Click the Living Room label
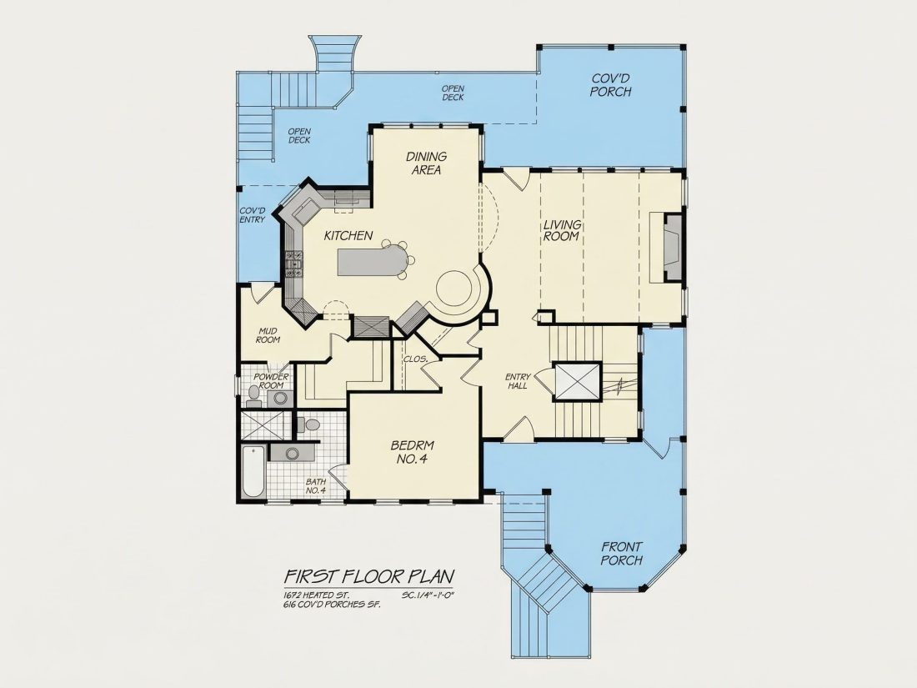click(562, 230)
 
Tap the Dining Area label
click(426, 163)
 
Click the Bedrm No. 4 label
click(413, 452)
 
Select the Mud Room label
click(268, 336)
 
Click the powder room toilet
click(253, 397)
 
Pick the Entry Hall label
click(519, 381)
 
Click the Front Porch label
click(622, 554)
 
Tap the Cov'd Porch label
click(610, 85)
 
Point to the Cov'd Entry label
click(253, 214)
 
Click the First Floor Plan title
click(369, 576)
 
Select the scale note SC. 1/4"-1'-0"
click(428, 595)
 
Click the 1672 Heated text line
click(317, 595)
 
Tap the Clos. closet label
click(415, 359)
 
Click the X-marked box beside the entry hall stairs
click(577, 381)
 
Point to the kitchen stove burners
click(293, 264)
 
